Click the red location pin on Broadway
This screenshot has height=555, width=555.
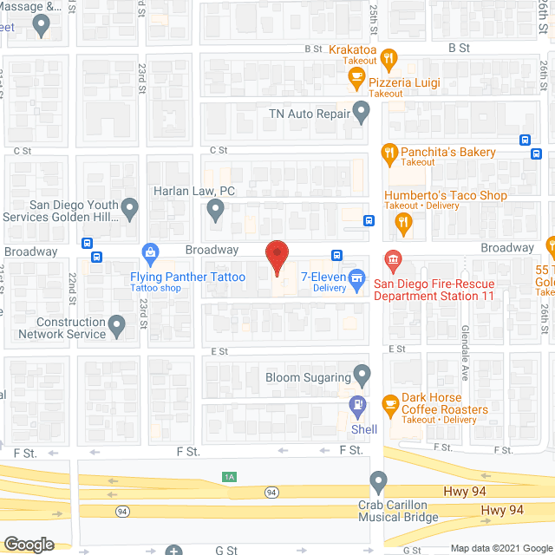click(x=276, y=257)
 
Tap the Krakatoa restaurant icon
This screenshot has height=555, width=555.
click(x=389, y=61)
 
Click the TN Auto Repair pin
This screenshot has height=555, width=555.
click(x=362, y=112)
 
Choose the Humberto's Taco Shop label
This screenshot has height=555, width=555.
click(x=446, y=195)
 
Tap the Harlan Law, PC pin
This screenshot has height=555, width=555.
click(x=216, y=209)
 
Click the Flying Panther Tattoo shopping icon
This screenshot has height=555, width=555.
click(x=151, y=254)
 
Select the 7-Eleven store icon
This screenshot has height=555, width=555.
click(x=356, y=278)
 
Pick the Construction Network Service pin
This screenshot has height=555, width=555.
click(x=118, y=325)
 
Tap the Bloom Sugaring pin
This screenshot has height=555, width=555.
click(x=362, y=376)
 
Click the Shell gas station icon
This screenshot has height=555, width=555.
click(x=356, y=404)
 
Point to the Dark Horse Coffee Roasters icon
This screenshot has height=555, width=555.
click(x=389, y=403)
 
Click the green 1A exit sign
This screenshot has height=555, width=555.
click(x=229, y=476)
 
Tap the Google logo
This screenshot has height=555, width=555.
click(x=29, y=545)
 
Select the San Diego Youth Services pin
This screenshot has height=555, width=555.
click(x=130, y=208)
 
